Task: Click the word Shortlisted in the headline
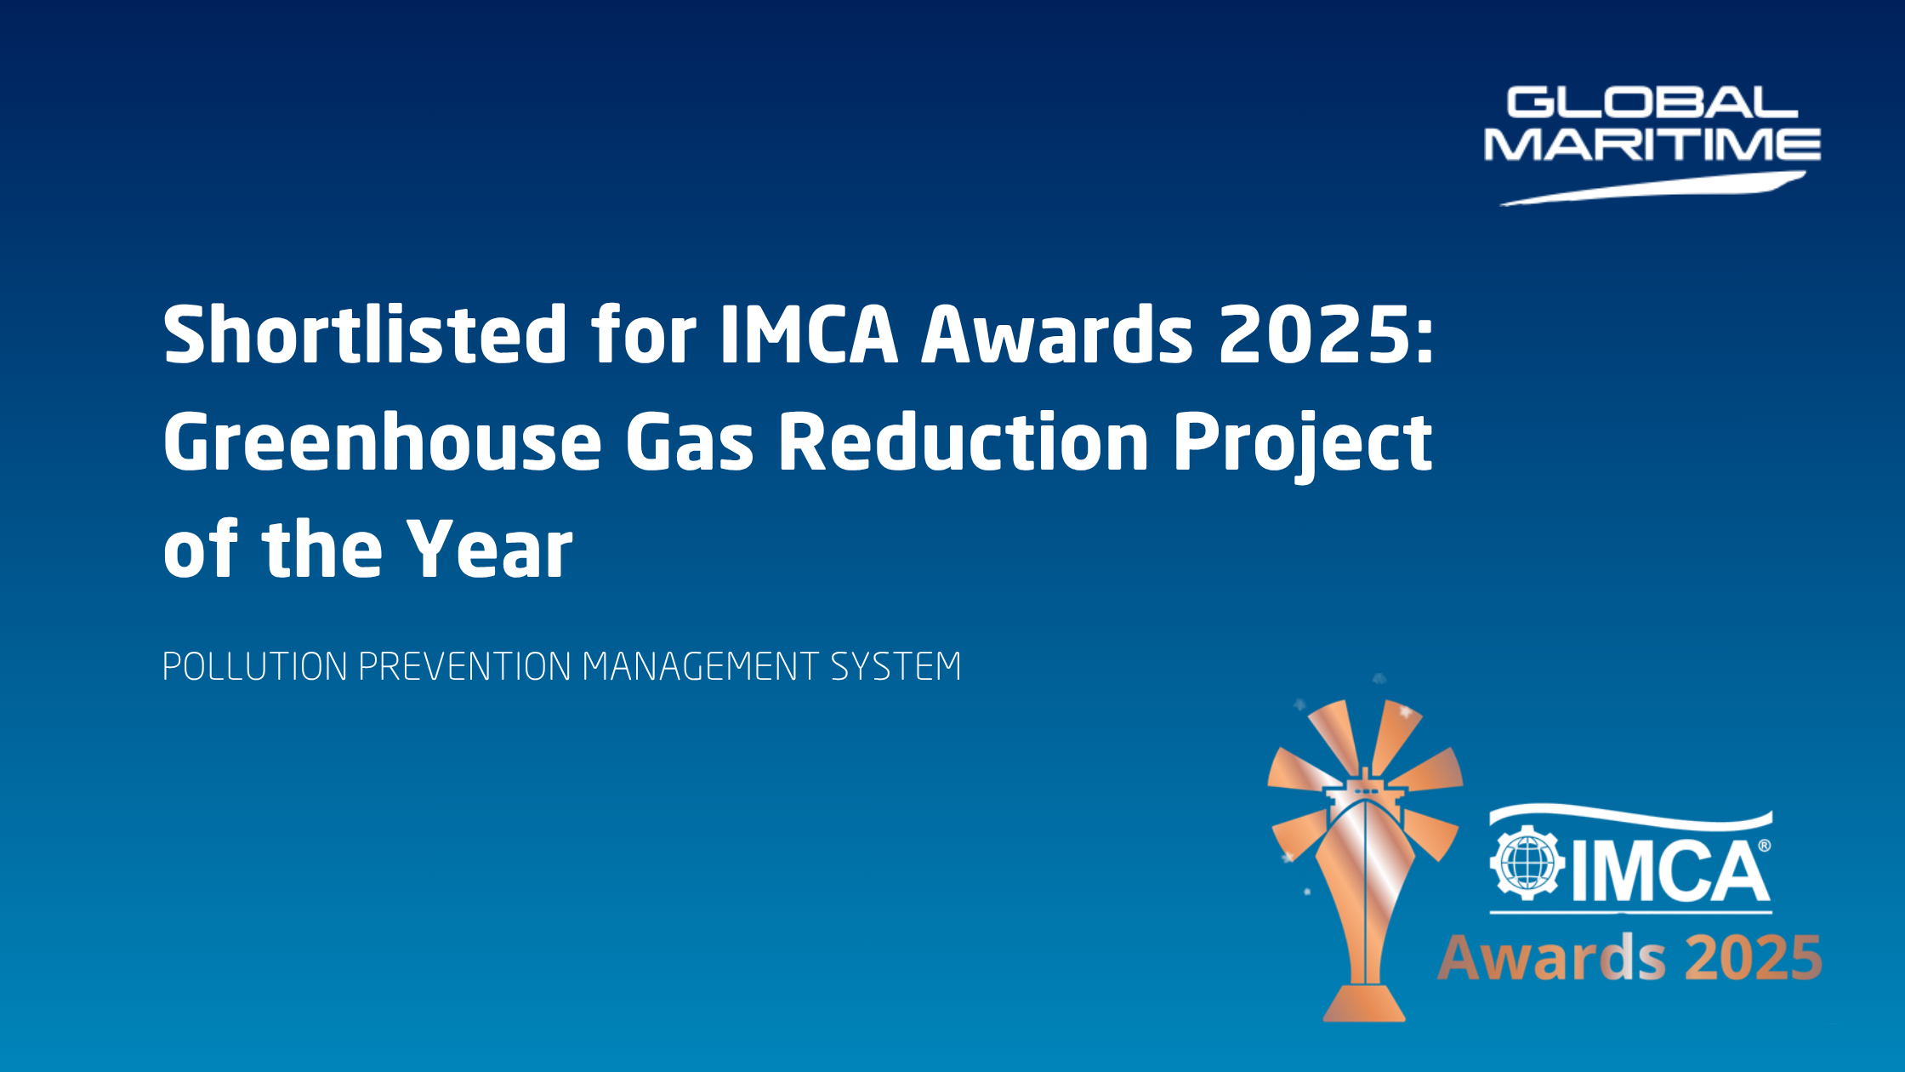(x=366, y=334)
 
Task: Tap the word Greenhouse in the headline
(x=383, y=441)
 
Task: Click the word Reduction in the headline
(x=964, y=441)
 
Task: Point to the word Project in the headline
(x=1303, y=446)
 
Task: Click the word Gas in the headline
(x=690, y=442)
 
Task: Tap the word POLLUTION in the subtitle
(x=254, y=666)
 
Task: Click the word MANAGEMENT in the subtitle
(x=701, y=666)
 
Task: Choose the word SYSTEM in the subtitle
(x=896, y=666)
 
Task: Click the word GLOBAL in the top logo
(x=1652, y=103)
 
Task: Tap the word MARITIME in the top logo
(x=1652, y=144)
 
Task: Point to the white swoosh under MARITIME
(x=1652, y=189)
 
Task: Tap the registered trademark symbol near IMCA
(x=1764, y=846)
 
